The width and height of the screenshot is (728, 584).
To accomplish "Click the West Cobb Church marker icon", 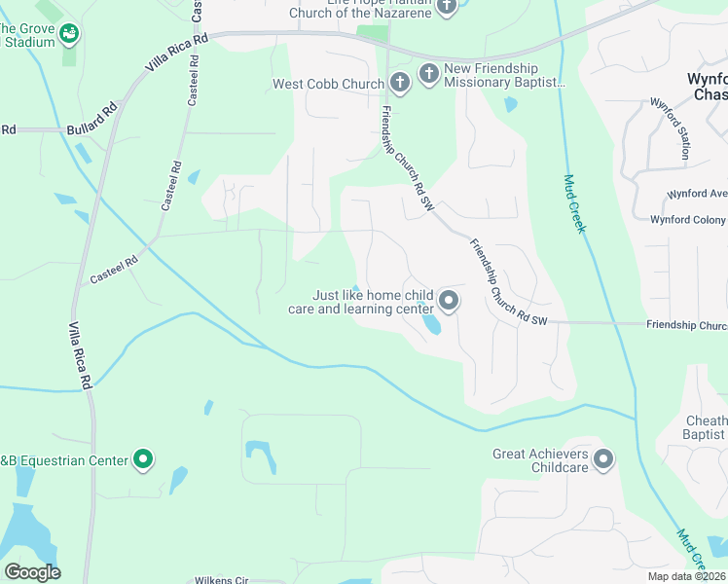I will pos(399,83).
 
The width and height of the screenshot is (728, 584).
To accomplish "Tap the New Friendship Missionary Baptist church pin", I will pos(429,73).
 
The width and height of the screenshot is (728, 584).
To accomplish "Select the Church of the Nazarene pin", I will pos(447,6).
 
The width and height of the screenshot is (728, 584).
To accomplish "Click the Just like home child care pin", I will pos(448,301).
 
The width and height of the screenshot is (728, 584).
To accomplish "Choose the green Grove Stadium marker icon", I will pos(68,34).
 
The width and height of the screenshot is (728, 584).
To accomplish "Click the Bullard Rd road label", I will pos(91,128).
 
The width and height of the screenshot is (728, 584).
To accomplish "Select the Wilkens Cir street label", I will pos(221,579).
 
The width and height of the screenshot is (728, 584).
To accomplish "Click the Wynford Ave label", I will pos(695,194).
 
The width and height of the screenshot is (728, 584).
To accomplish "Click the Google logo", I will pos(32,572).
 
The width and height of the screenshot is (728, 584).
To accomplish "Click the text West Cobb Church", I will pos(329,84).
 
